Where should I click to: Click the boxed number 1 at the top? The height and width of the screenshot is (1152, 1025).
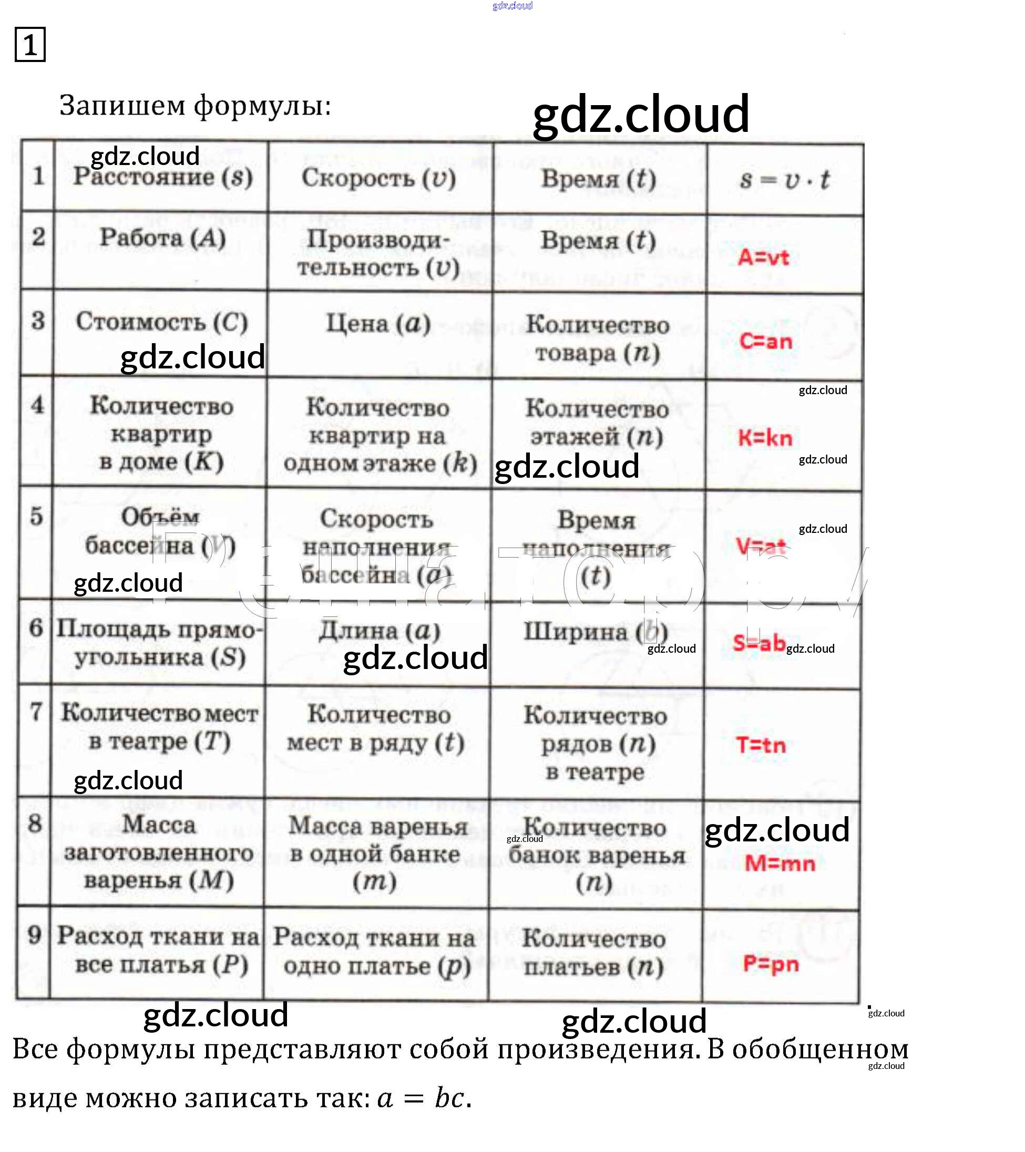click(30, 45)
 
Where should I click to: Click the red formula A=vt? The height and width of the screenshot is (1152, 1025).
click(763, 258)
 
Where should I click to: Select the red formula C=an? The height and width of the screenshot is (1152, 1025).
click(766, 341)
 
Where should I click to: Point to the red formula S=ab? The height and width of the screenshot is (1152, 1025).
click(759, 643)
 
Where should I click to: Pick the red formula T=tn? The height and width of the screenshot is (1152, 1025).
click(761, 745)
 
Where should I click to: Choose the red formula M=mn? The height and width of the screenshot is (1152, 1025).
click(780, 863)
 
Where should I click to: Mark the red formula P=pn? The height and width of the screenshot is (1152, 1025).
click(771, 964)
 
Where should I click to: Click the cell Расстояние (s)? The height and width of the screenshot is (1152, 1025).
click(163, 177)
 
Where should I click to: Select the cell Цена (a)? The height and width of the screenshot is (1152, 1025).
click(378, 324)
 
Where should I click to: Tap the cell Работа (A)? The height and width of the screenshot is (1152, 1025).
click(163, 238)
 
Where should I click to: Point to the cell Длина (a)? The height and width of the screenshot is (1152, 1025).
click(379, 631)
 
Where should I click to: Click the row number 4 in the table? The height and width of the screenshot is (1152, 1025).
click(37, 405)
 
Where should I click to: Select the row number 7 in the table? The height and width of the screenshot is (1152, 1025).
click(36, 711)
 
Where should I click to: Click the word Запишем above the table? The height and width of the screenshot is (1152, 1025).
click(122, 106)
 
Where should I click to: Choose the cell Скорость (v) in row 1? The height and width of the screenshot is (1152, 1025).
click(379, 178)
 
